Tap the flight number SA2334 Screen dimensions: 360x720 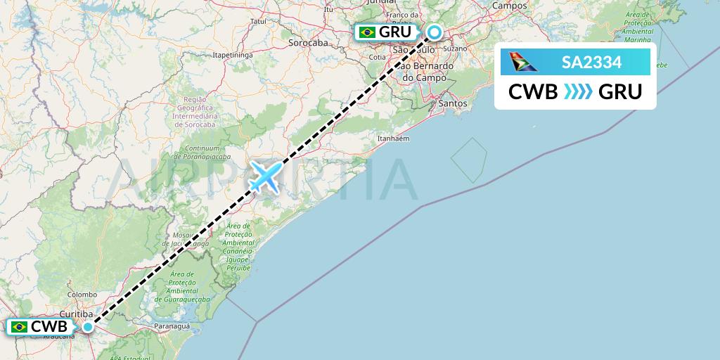[591, 63]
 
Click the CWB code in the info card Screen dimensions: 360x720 [533, 92]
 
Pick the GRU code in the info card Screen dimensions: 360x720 [620, 92]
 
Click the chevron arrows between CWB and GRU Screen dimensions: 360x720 [577, 92]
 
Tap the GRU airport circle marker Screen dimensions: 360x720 [435, 32]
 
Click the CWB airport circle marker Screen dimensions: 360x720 [87, 326]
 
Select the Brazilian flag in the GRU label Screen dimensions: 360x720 [367, 32]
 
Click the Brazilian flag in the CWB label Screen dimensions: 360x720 [20, 326]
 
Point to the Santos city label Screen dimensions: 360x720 [452, 103]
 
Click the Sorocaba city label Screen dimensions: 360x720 [309, 42]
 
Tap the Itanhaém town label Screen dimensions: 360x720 [394, 138]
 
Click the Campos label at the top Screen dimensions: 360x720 [529, 5]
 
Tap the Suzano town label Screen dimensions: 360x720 [456, 49]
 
